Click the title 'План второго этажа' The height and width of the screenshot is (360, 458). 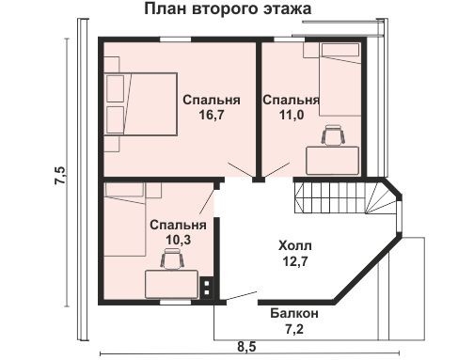pos(229,10)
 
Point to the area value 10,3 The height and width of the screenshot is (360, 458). pos(178,241)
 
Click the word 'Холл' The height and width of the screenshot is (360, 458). pos(293,246)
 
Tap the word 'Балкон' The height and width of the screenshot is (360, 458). pos(293,313)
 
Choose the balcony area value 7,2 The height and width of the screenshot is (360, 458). pos(293,329)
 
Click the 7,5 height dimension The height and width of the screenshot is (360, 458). pos(59,173)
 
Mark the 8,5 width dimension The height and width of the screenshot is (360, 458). pos(246,347)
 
